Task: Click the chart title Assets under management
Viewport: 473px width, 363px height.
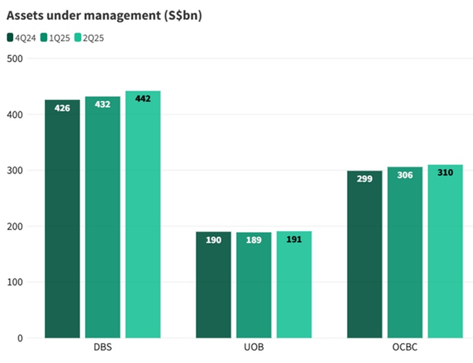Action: [104, 15]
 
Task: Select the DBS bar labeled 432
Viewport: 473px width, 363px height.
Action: [102, 217]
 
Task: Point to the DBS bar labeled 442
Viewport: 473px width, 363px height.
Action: [142, 214]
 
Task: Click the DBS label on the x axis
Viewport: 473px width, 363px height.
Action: [102, 348]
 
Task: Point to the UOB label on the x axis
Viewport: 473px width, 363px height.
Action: [254, 348]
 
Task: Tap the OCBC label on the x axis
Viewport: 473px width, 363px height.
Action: [405, 348]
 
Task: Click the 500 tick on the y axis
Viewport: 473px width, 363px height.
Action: [15, 59]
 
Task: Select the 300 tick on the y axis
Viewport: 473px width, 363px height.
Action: [15, 171]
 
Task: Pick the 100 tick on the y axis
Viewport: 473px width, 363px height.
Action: [15, 282]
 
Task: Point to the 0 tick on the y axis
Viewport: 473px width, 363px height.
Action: [19, 338]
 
